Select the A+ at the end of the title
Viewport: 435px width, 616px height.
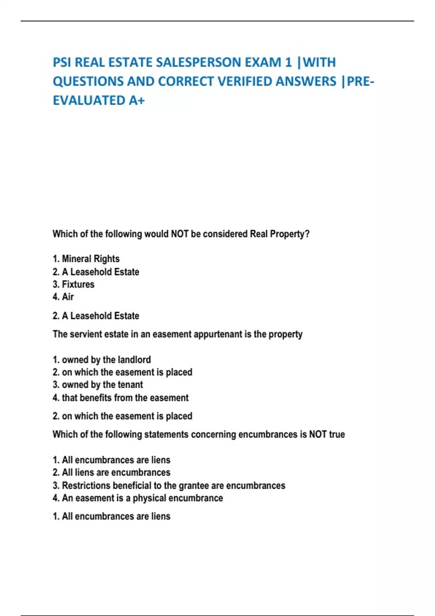pyautogui.click(x=137, y=100)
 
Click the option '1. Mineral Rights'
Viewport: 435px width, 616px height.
pyautogui.click(x=86, y=259)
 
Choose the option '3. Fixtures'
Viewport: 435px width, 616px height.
pyautogui.click(x=73, y=284)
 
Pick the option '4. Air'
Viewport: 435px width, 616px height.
pyautogui.click(x=63, y=297)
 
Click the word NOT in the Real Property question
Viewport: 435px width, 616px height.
pyautogui.click(x=179, y=234)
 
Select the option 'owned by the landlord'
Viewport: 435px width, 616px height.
pyautogui.click(x=101, y=360)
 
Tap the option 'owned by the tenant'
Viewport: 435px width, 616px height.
pyautogui.click(x=98, y=385)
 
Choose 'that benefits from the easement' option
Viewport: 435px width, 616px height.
pyautogui.click(x=120, y=398)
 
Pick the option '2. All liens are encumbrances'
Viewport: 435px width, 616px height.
pyautogui.click(x=111, y=473)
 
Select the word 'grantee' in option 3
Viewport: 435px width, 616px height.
pyautogui.click(x=194, y=486)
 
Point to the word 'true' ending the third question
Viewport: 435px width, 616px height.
pyautogui.click(x=337, y=434)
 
